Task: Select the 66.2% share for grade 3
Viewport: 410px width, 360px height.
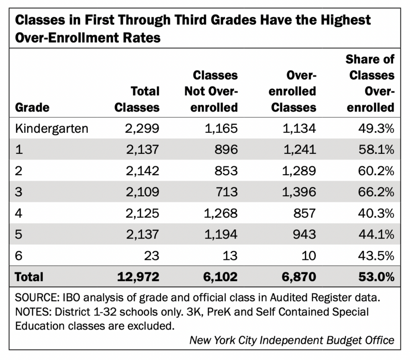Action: click(x=376, y=192)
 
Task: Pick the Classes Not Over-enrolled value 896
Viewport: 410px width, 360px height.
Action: click(x=224, y=150)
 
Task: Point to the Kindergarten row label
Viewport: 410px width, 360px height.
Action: click(x=51, y=129)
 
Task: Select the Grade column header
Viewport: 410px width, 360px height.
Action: click(x=32, y=107)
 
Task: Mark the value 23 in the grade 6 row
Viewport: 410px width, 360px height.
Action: click(x=150, y=255)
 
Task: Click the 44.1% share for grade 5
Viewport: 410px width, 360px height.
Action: click(x=376, y=234)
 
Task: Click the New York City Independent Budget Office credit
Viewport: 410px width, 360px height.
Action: click(x=292, y=340)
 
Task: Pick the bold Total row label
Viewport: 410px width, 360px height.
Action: click(x=29, y=276)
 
